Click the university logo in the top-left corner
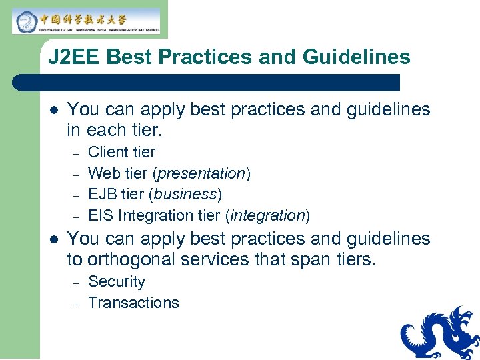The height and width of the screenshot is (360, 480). click(86, 21)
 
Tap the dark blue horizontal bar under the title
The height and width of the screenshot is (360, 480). click(207, 83)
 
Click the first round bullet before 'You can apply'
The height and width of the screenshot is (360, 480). click(54, 110)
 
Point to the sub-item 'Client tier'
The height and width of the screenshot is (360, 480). click(121, 152)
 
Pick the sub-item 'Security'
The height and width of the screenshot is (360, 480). click(116, 281)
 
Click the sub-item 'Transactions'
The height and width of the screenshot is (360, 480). click(133, 303)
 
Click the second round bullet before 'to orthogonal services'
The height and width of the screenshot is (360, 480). click(54, 239)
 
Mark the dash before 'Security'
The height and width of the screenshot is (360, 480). click(76, 282)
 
